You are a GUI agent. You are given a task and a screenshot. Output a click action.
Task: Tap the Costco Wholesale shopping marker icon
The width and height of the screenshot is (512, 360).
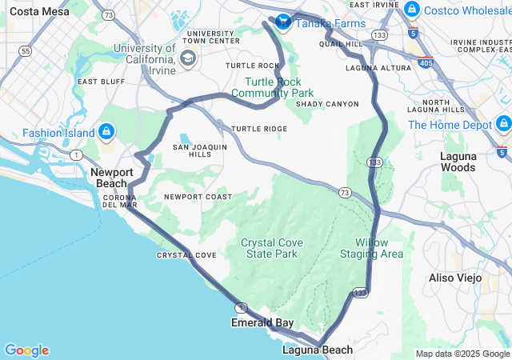(x=411, y=10)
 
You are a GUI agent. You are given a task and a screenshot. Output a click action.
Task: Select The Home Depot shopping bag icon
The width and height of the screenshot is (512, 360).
(x=503, y=124)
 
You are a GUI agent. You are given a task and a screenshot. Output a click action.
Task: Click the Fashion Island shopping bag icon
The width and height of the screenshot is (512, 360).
(x=106, y=131)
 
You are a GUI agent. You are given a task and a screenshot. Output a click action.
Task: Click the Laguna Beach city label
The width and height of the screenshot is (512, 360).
(x=317, y=350)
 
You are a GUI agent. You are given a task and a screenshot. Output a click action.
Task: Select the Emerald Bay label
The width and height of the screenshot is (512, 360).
(x=262, y=323)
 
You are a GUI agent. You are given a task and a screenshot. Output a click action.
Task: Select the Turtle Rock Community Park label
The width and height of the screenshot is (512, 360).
(x=278, y=87)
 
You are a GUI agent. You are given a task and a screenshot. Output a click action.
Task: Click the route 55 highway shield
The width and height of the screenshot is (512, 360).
(x=26, y=50)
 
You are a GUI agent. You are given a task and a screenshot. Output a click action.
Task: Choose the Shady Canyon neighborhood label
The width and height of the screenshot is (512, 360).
(x=327, y=104)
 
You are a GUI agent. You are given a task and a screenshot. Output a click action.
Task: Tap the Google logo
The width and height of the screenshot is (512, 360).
(x=26, y=350)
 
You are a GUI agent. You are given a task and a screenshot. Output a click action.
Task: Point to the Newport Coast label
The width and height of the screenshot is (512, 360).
(x=198, y=197)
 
